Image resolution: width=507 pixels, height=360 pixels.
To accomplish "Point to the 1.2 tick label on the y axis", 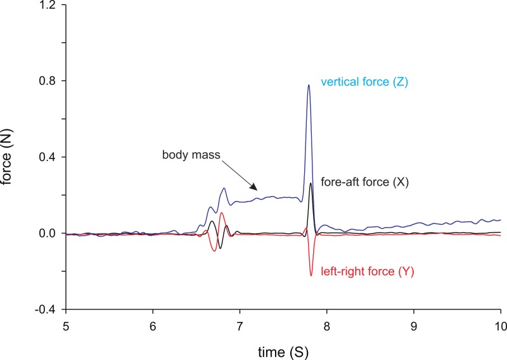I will click(48, 5).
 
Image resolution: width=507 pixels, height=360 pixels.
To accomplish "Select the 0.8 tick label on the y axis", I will click(48, 81).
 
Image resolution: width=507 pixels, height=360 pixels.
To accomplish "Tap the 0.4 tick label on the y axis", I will click(48, 157).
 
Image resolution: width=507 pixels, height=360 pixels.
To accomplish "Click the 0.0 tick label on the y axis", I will click(48, 233).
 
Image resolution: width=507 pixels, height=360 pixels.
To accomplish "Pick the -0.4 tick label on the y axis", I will click(47, 309).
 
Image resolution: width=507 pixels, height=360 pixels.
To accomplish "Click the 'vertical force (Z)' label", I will click(363, 82).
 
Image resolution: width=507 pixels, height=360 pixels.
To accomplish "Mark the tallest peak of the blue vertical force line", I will click(309, 85).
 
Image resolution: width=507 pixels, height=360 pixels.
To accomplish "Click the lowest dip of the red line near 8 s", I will click(311, 275).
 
